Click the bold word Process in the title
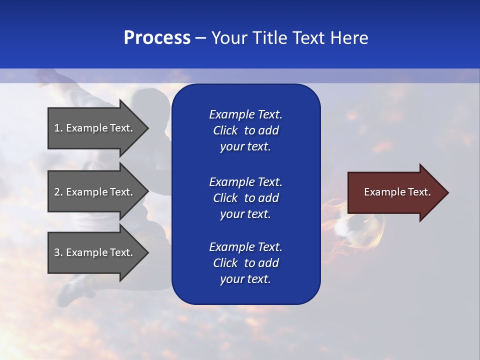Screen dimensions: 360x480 157,38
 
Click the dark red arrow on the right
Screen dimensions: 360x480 390,192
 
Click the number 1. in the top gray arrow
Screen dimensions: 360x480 58,128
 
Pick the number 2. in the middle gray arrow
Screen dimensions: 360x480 58,192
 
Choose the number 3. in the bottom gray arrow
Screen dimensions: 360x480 58,252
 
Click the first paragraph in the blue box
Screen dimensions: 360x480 245,130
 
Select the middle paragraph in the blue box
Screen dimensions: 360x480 245,198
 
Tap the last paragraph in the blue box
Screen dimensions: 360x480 245,263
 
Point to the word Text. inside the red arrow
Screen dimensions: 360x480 418,192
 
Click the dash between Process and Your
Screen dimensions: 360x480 200,38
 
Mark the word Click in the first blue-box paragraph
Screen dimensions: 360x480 225,130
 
